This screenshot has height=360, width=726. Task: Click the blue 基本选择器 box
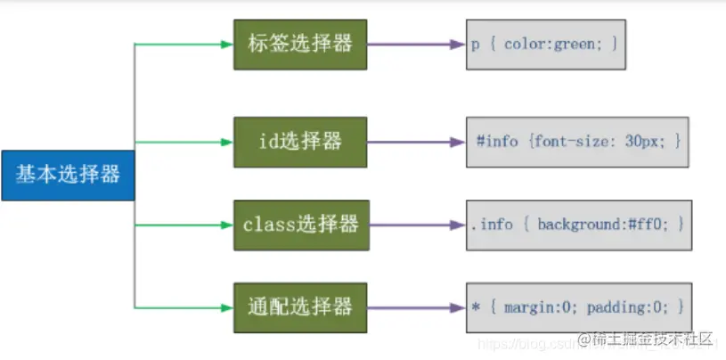[67, 175]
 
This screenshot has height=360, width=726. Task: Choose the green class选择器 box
[301, 225]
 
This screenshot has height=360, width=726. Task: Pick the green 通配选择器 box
[300, 307]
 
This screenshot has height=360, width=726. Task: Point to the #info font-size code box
[579, 142]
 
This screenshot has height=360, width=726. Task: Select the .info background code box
[579, 225]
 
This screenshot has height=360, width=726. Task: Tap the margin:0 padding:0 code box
[579, 307]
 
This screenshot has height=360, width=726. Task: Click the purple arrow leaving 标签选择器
[414, 43]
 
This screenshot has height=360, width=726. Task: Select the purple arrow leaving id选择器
[414, 142]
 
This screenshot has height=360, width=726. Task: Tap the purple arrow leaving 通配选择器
[415, 307]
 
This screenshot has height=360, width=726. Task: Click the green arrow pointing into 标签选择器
[183, 43]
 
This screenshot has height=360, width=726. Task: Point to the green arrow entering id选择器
[183, 142]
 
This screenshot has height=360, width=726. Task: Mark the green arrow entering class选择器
[183, 225]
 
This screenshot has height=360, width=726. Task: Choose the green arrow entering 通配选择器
[183, 307]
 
